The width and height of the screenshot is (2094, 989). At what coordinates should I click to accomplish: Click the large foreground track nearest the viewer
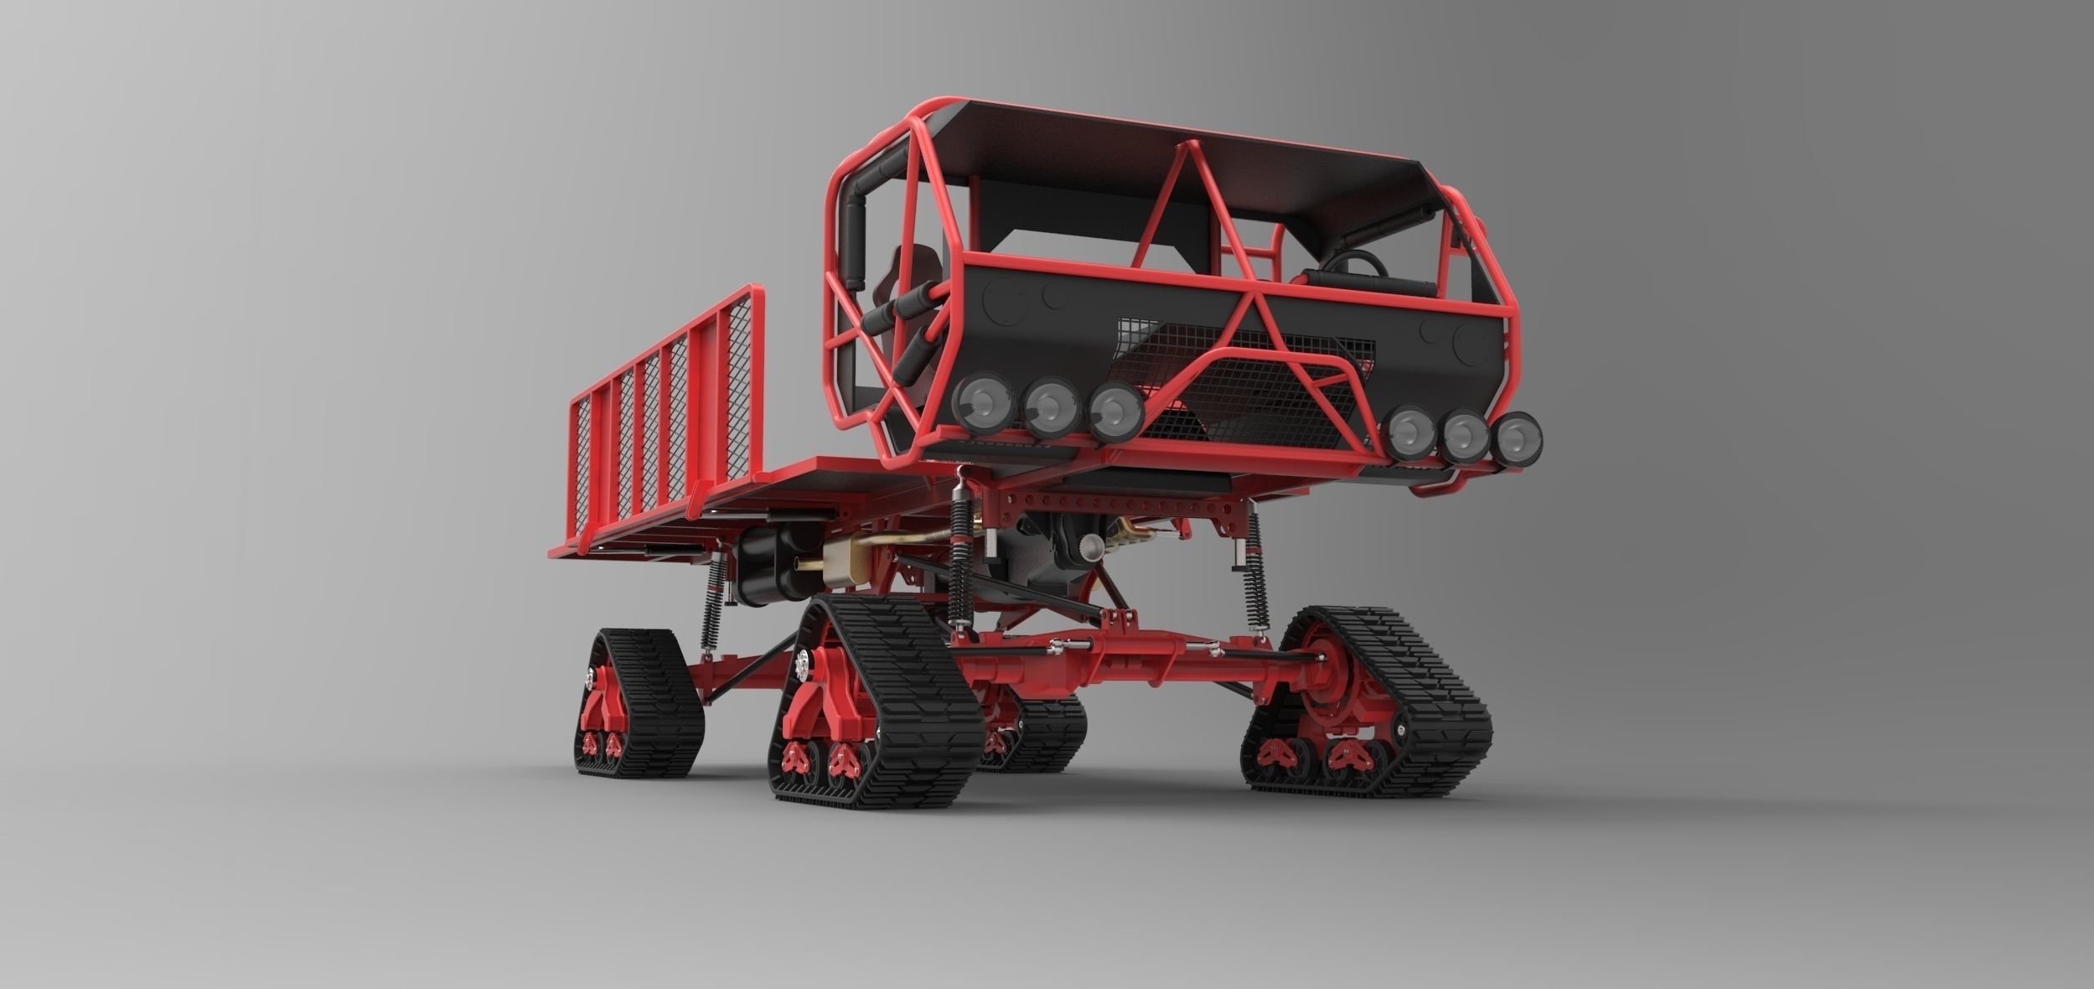coord(880,712)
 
